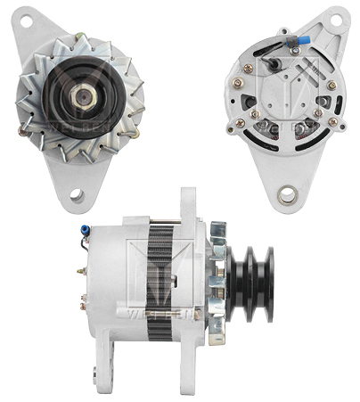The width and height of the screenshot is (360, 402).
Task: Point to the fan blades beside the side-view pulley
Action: [x=216, y=276]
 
